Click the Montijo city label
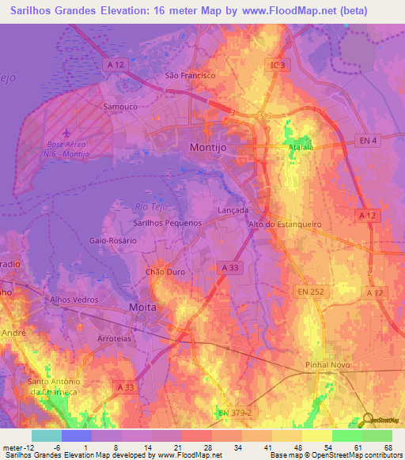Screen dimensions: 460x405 coord(210,148)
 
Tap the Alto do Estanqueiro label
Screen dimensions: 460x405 coord(286,224)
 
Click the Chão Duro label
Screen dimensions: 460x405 coord(165,271)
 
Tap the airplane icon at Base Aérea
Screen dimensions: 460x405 coord(64,133)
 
